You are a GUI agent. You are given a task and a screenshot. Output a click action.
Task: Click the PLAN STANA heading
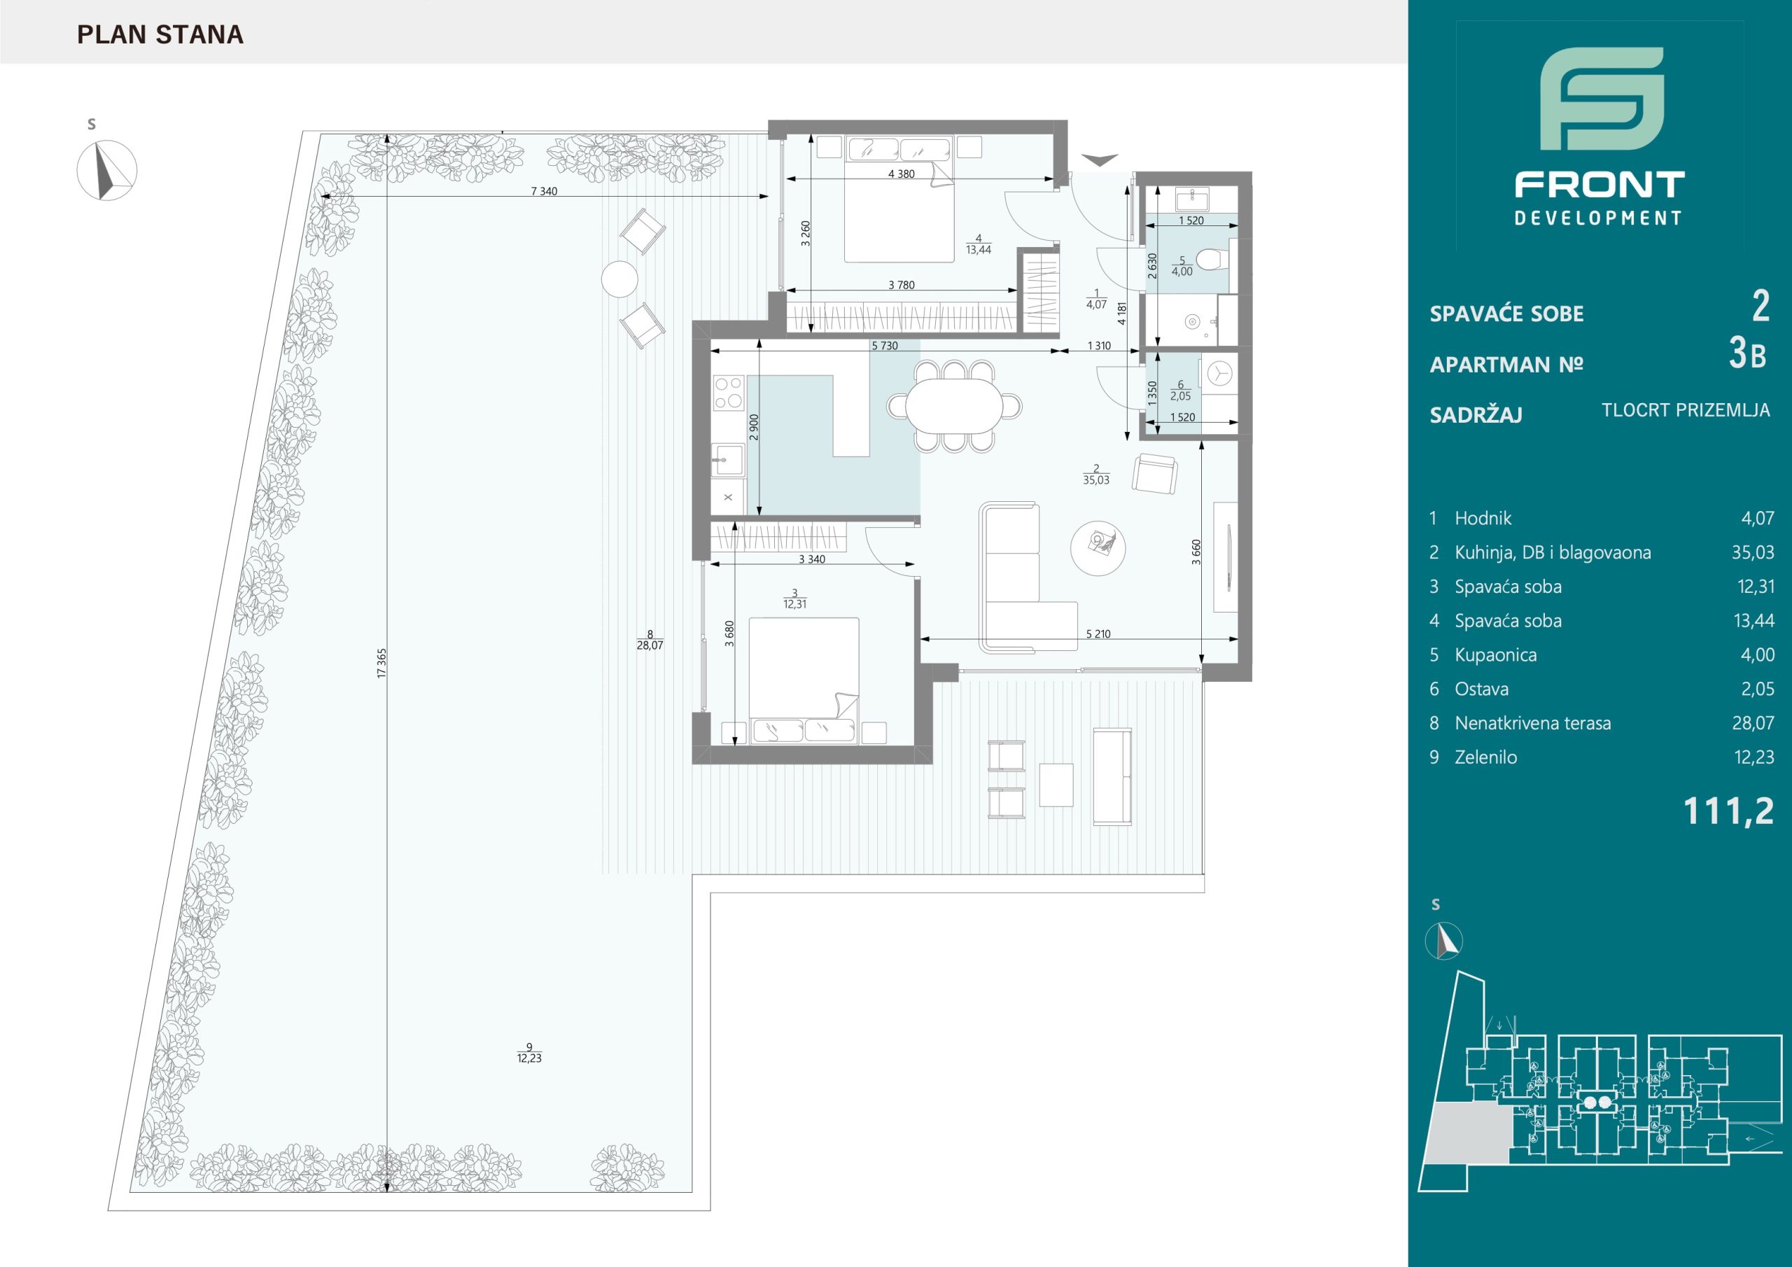pyautogui.click(x=160, y=34)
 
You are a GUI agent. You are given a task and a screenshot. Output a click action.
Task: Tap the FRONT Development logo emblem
pyautogui.click(x=1602, y=99)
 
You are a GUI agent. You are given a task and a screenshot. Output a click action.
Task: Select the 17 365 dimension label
pyautogui.click(x=381, y=663)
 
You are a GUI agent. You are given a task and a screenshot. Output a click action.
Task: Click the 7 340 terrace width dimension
pyautogui.click(x=544, y=191)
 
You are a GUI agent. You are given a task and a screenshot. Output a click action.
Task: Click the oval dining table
pyautogui.click(x=954, y=405)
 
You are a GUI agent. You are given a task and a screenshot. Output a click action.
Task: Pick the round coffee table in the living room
pyautogui.click(x=1098, y=549)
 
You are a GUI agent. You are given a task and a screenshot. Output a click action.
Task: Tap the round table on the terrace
pyautogui.click(x=619, y=279)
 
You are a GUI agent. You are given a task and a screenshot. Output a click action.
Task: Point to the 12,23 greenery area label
pyautogui.click(x=528, y=1058)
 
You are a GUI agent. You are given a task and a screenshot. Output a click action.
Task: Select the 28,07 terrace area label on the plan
pyautogui.click(x=650, y=645)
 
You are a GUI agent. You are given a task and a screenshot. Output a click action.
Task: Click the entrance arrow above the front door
pyautogui.click(x=1099, y=160)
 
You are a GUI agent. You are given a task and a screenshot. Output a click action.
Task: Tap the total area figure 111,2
pyautogui.click(x=1729, y=812)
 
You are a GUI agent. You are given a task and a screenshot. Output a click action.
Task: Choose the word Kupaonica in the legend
pyautogui.click(x=1495, y=655)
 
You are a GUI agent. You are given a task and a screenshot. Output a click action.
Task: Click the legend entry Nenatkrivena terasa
pyautogui.click(x=1532, y=723)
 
